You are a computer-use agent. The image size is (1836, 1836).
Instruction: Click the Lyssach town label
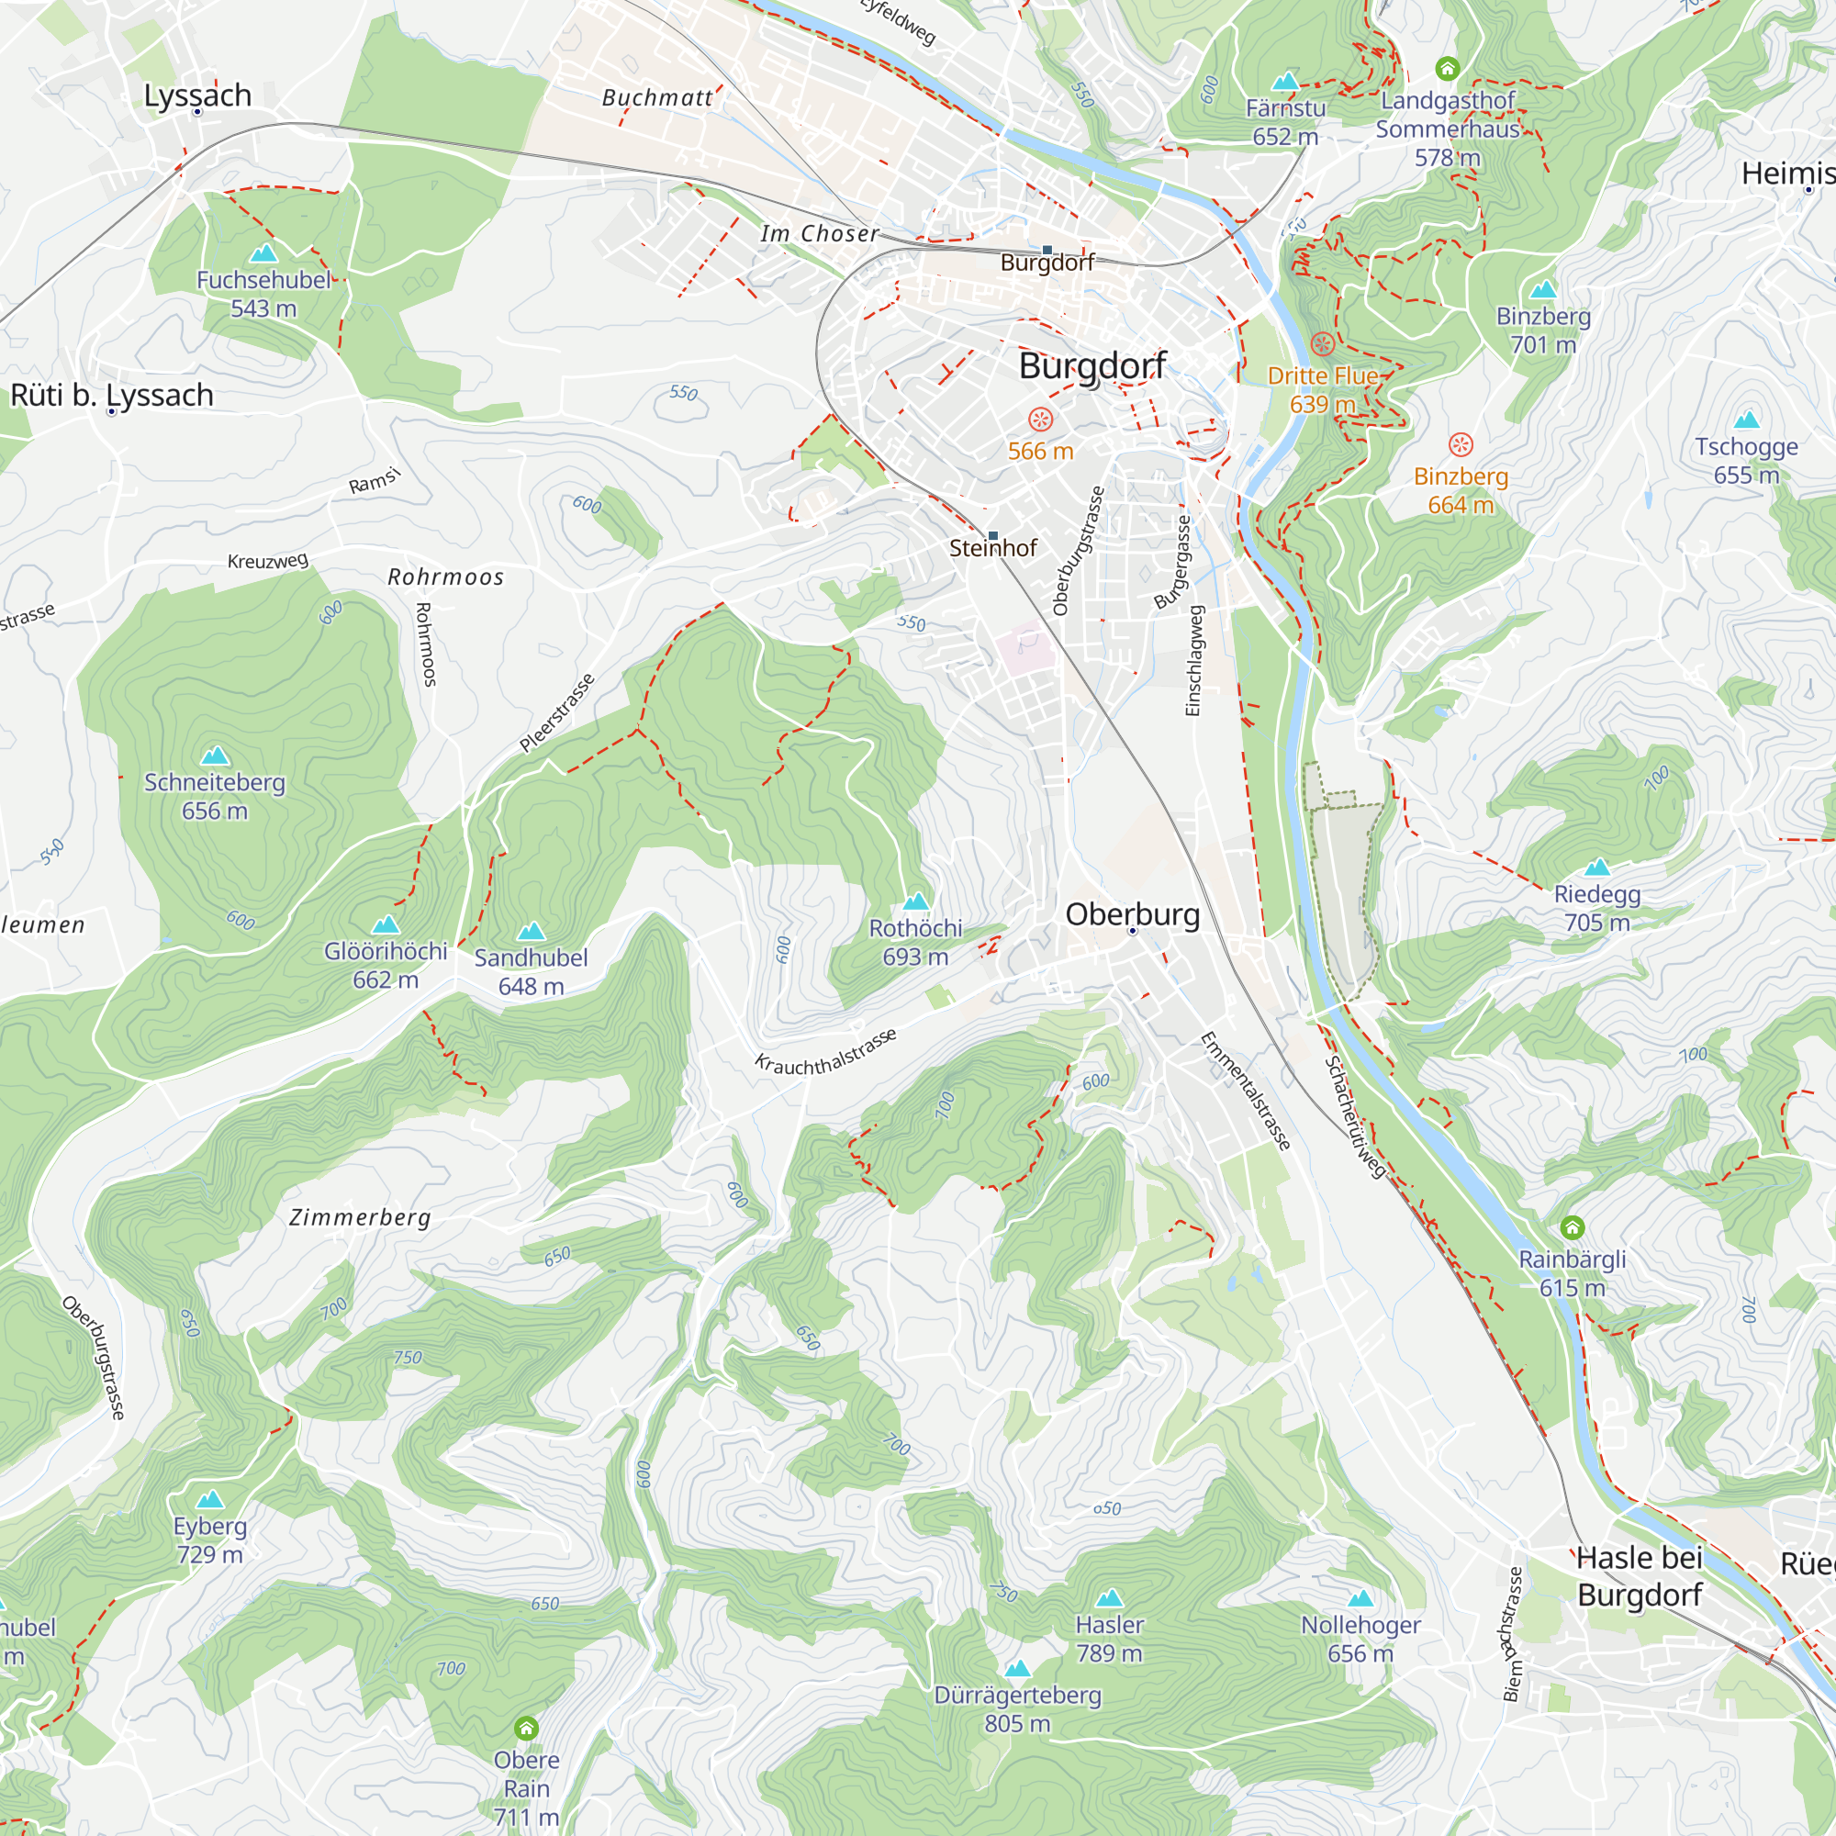pos(197,95)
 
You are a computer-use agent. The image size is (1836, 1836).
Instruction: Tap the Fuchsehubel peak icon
pos(263,252)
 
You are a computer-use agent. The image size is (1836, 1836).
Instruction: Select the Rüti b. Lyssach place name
pos(112,395)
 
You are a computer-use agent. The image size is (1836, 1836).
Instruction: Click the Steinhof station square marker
pos(993,536)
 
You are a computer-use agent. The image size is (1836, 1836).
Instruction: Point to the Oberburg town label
pos(1132,914)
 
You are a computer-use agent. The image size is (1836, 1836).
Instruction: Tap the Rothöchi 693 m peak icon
pos(915,901)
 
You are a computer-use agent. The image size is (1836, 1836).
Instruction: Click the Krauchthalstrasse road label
pos(825,1052)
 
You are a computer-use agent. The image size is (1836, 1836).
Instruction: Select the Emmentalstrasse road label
pos(1245,1092)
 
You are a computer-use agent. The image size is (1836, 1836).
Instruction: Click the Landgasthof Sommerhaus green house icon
pos(1447,69)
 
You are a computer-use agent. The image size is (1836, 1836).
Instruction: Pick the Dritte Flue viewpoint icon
pos(1322,344)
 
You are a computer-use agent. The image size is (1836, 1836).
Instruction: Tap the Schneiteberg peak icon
pos(215,756)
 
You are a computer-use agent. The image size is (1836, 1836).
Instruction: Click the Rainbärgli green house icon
pos(1572,1227)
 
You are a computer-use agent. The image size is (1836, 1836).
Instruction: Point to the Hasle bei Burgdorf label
pos(1640,1575)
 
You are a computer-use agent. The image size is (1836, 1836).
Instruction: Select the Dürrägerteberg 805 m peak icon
pos(1017,1668)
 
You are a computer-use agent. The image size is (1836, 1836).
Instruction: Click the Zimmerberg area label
pos(360,1217)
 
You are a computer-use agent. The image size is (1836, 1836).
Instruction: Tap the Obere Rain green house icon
pos(525,1728)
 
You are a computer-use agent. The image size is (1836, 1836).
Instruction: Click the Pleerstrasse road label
pos(557,712)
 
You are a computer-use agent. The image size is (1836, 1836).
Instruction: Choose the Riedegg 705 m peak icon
pos(1596,867)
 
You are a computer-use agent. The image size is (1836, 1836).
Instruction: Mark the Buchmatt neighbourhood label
pos(656,98)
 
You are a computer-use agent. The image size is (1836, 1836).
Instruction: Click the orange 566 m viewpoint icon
pos(1041,420)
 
